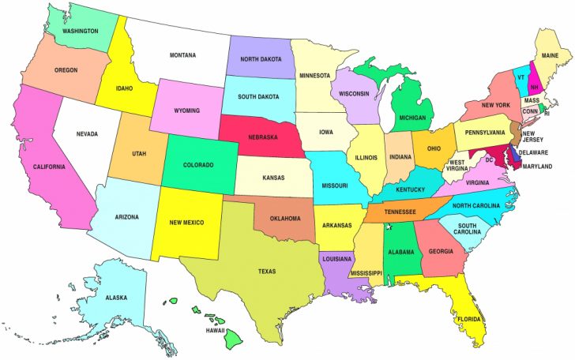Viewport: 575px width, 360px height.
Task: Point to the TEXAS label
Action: tap(267, 272)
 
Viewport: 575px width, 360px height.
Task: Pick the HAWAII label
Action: tap(215, 329)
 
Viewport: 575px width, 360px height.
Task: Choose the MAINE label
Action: tap(551, 55)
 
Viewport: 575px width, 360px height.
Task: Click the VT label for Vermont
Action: tap(521, 77)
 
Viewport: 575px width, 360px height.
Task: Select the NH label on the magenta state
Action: tap(535, 87)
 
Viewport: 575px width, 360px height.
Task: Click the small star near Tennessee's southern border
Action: tap(389, 227)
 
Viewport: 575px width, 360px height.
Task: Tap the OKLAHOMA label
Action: tap(285, 218)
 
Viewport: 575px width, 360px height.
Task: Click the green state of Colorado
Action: tap(199, 165)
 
